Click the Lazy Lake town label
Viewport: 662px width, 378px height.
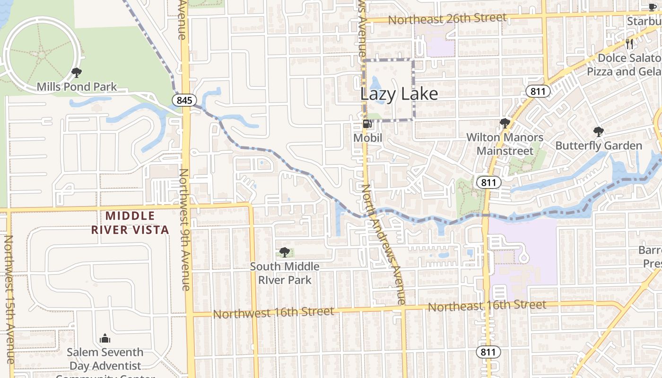(x=399, y=94)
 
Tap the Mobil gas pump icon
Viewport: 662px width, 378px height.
(x=366, y=124)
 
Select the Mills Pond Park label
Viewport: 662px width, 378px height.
(x=77, y=87)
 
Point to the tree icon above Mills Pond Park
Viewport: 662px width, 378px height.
(x=76, y=73)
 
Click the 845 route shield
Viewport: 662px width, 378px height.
(x=184, y=100)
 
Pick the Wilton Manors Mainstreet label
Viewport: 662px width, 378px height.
(x=505, y=144)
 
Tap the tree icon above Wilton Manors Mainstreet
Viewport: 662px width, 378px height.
(x=505, y=123)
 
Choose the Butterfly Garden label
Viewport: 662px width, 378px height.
(x=599, y=146)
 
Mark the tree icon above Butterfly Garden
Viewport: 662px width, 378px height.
(x=599, y=131)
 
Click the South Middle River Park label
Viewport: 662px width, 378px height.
(x=285, y=273)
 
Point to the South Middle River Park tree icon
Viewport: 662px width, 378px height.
(x=285, y=252)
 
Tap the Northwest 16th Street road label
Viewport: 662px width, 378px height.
(x=273, y=312)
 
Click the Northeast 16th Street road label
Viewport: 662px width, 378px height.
(x=487, y=306)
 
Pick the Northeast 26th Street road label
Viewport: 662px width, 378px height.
(x=447, y=19)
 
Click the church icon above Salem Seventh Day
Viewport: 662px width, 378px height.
(x=105, y=338)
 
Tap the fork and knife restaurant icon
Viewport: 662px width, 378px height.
(x=629, y=44)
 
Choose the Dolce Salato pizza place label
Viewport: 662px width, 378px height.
(x=624, y=65)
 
